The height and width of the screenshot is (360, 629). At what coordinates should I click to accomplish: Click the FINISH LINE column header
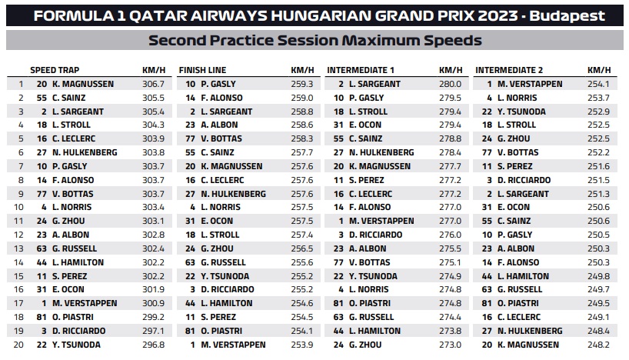[x=202, y=69]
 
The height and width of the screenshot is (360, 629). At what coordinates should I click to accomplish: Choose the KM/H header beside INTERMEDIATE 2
[x=597, y=69]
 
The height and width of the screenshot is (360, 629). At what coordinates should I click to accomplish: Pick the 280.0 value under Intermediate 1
[x=450, y=84]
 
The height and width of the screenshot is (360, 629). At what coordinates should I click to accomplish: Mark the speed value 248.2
[x=597, y=345]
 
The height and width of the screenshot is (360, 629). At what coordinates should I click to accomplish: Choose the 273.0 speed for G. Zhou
[x=450, y=345]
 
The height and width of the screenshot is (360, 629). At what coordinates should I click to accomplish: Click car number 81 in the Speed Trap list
[x=42, y=317]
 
